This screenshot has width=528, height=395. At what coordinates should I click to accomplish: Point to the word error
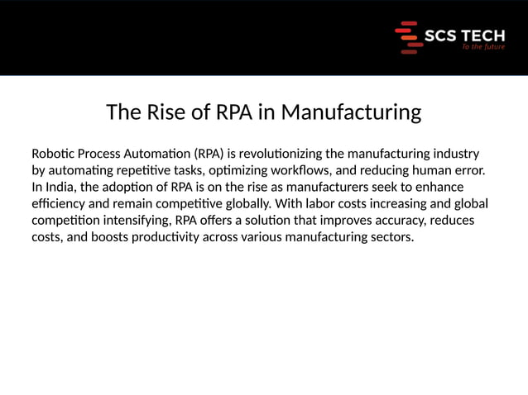(x=468, y=170)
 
